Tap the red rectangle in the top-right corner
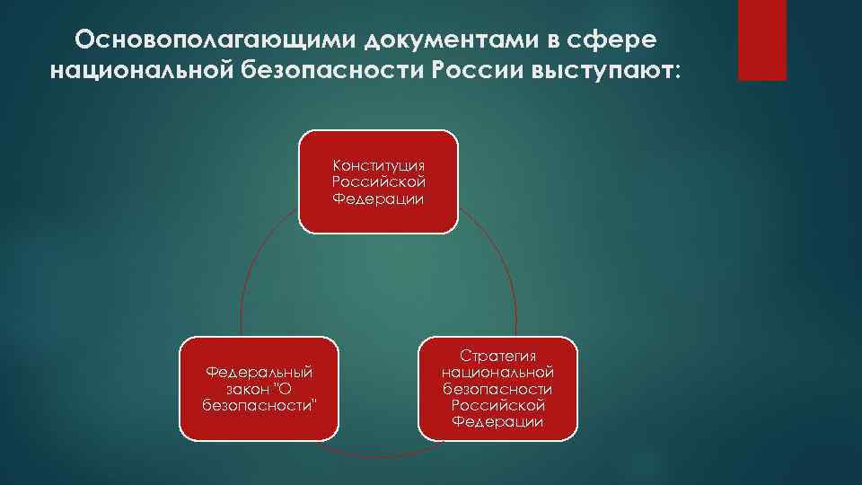(x=761, y=40)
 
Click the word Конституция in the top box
(x=379, y=166)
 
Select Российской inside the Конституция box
(x=379, y=182)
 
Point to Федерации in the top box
(x=379, y=198)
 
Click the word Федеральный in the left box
(x=259, y=372)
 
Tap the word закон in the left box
(x=245, y=388)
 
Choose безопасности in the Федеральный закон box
(x=259, y=404)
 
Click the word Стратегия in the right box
(x=497, y=357)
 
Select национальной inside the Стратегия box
(x=497, y=373)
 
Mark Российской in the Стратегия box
(x=497, y=405)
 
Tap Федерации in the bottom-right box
(x=497, y=421)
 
